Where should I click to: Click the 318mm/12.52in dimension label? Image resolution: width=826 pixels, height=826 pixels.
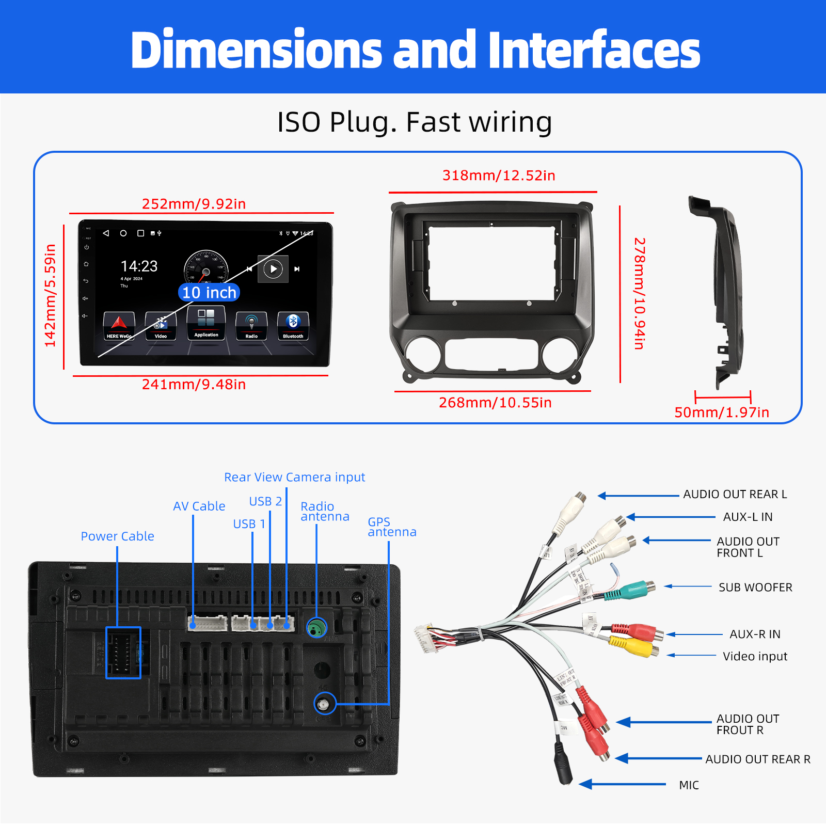[x=499, y=176]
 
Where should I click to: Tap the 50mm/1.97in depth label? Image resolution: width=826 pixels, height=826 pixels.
[x=722, y=412]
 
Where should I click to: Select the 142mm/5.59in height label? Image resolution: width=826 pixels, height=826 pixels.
[x=50, y=295]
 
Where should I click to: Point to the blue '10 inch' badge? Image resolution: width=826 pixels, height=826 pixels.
[x=209, y=293]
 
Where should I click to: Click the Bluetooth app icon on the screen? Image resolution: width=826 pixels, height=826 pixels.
[x=293, y=326]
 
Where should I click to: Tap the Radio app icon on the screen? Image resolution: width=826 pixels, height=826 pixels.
[x=251, y=326]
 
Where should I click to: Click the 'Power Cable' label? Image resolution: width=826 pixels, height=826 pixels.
[x=118, y=536]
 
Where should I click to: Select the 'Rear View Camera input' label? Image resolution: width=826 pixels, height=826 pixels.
[x=294, y=477]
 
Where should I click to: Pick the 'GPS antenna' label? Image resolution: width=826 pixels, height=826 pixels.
[x=391, y=527]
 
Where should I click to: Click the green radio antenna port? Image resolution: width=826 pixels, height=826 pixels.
[x=317, y=628]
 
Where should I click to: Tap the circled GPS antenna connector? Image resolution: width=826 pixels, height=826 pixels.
[x=325, y=704]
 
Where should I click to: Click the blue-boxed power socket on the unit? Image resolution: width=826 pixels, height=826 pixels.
[x=123, y=653]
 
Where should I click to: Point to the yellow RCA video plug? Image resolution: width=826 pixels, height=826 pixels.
[x=632, y=645]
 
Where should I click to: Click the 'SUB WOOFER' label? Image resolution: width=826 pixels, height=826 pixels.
[x=755, y=587]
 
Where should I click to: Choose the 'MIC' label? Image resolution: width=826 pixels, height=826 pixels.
[x=689, y=785]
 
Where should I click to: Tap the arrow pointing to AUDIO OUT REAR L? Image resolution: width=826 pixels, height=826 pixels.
[x=638, y=496]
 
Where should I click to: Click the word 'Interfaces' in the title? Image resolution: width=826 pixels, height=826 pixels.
[x=594, y=50]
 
